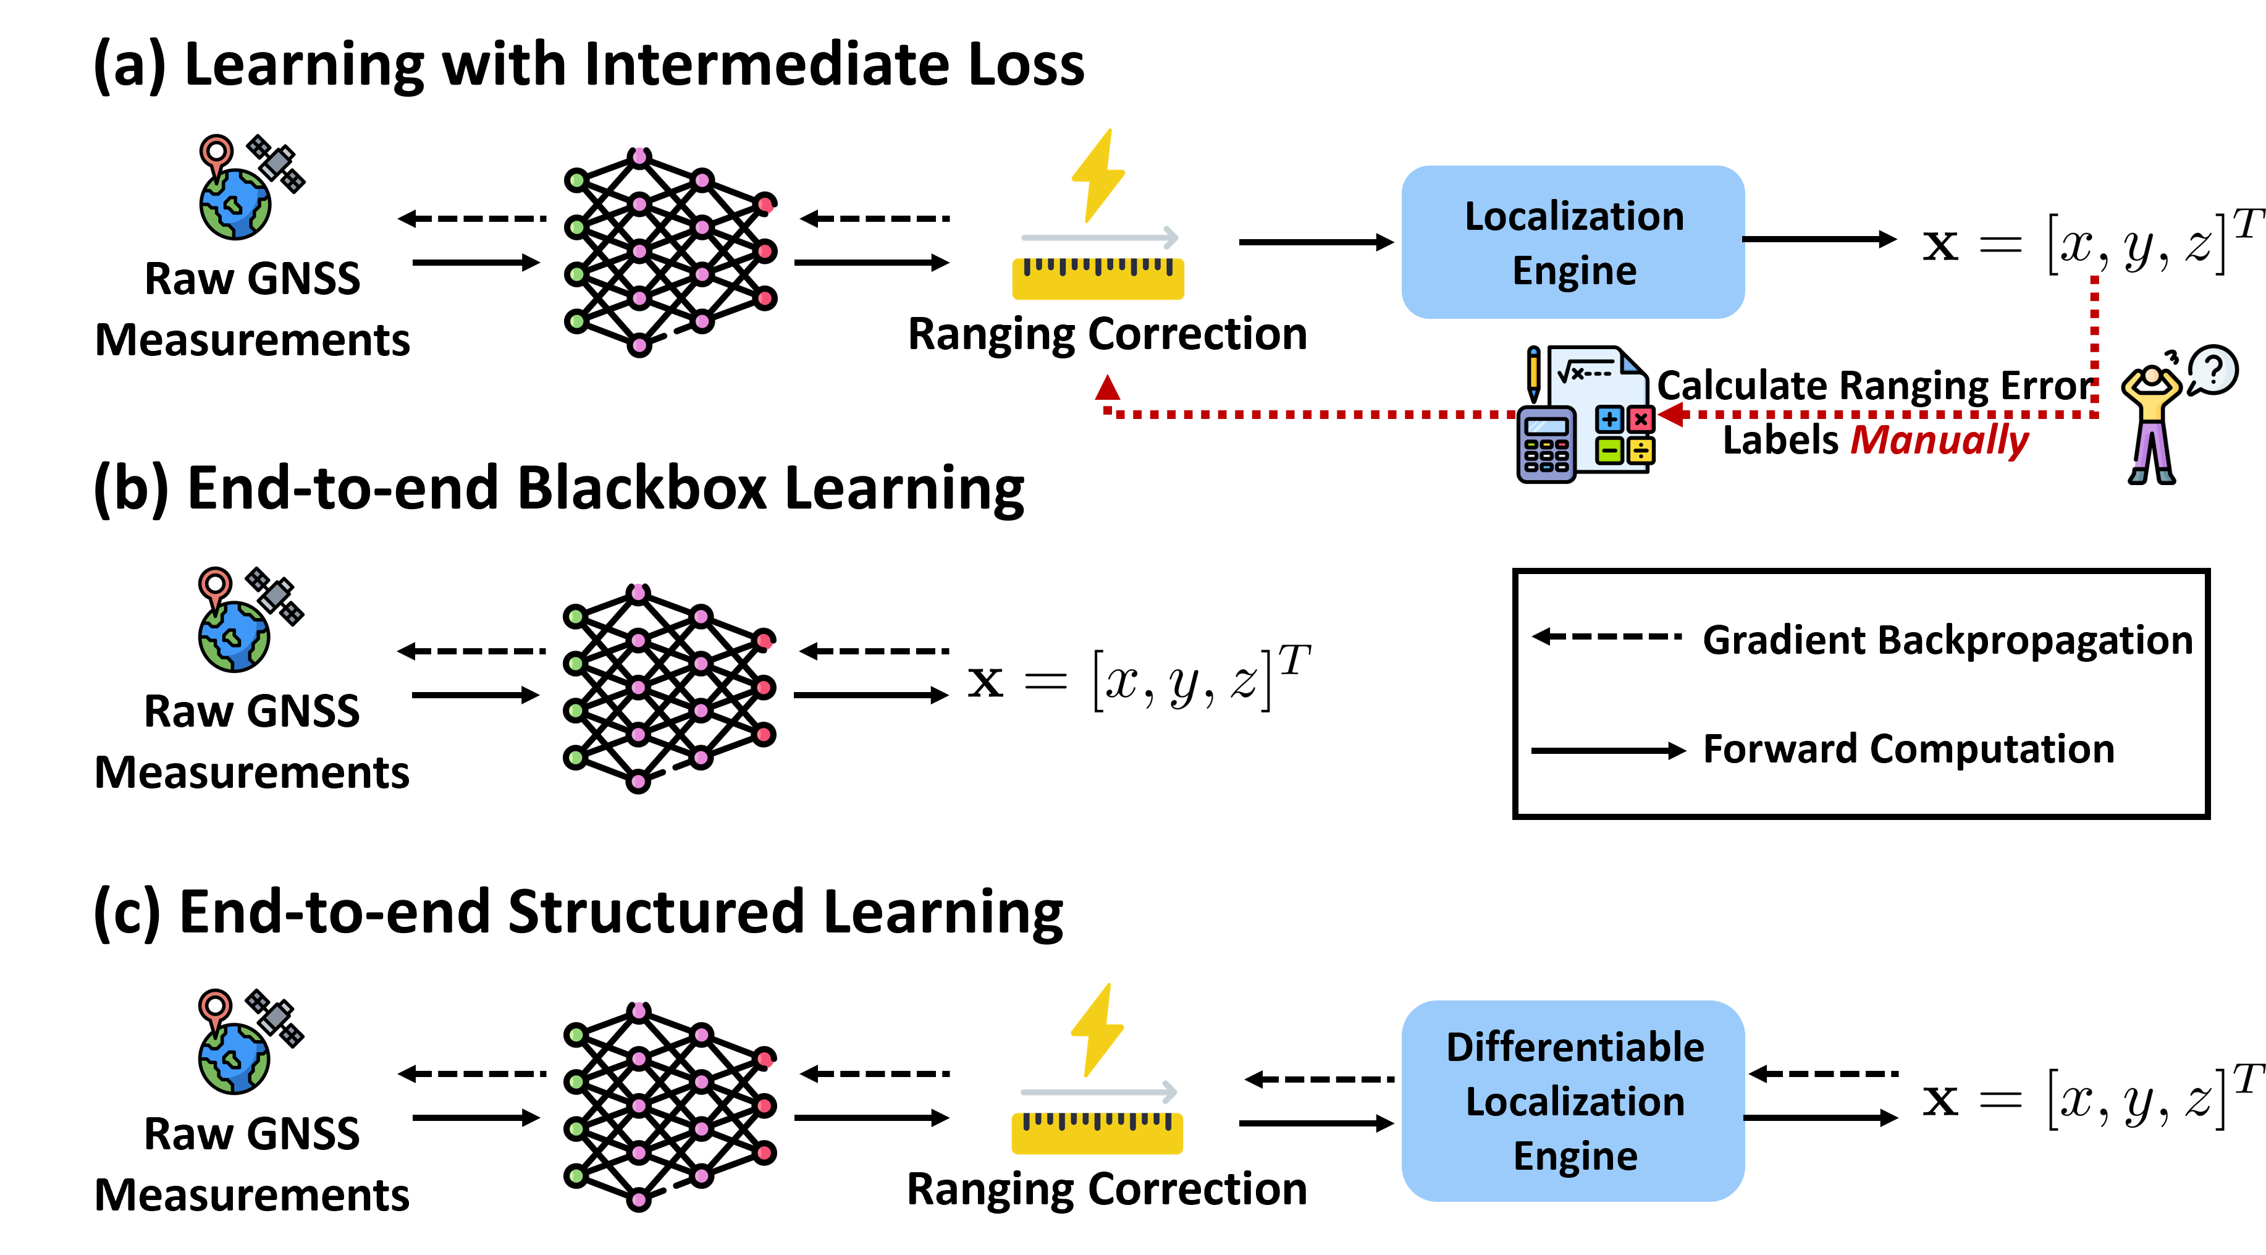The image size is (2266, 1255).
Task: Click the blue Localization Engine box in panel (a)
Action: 1573,242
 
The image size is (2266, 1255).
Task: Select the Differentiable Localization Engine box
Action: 1573,1101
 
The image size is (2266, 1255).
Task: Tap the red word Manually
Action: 1940,440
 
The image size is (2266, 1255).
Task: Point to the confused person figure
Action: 2152,423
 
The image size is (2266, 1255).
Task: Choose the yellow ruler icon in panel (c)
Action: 1098,1122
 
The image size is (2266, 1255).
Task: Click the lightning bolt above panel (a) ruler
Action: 1098,176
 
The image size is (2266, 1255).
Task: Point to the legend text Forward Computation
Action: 1909,750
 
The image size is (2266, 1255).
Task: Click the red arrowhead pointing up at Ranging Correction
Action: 1108,387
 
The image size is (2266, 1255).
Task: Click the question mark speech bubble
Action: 2212,370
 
